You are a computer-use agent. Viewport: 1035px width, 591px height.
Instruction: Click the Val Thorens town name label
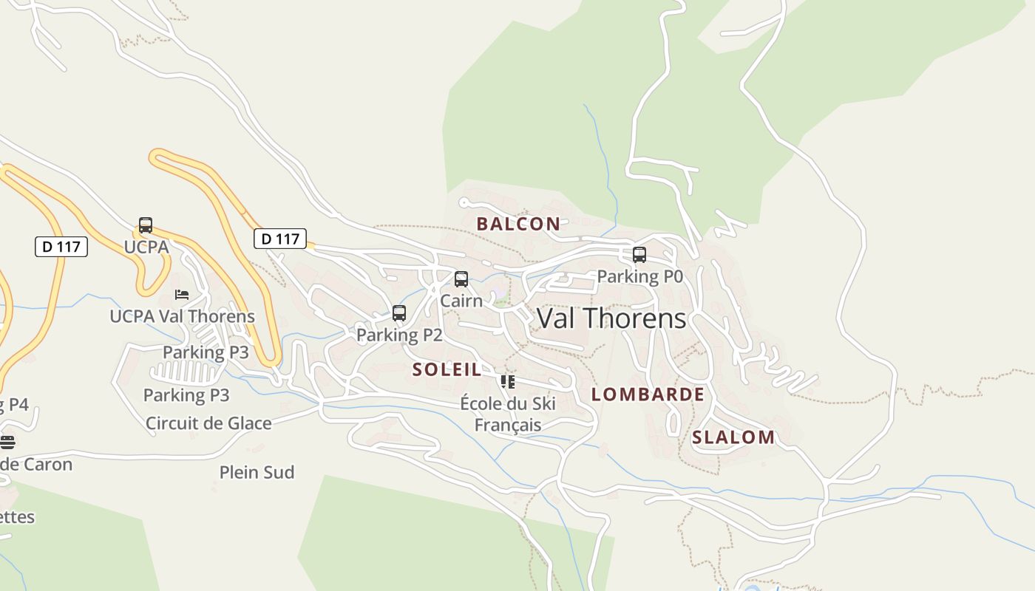611,318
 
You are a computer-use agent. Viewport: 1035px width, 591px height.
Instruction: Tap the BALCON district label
518,224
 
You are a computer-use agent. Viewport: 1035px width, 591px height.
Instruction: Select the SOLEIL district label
447,369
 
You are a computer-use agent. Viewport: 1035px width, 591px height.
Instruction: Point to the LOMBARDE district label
648,394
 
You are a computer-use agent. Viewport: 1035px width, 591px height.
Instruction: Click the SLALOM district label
733,437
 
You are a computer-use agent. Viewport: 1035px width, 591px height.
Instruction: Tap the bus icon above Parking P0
639,255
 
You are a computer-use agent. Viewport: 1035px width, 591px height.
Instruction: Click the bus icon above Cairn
461,279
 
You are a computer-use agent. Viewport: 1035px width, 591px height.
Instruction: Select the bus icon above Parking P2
399,313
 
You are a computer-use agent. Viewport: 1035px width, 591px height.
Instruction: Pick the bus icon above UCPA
146,225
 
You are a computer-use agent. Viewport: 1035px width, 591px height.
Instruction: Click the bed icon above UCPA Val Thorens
182,295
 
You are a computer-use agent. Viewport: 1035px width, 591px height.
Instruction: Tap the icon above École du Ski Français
507,382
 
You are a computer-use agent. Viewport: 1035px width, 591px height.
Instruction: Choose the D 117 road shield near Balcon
280,239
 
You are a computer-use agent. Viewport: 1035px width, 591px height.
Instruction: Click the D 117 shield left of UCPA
61,246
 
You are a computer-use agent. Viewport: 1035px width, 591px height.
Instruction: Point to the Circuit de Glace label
208,423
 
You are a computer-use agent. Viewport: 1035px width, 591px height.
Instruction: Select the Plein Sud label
257,472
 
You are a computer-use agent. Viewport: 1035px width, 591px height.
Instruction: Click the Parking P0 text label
639,276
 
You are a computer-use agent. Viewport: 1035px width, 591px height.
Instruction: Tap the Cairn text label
461,301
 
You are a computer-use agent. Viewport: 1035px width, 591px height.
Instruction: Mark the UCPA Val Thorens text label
182,316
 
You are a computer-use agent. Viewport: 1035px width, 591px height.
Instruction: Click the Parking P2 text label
399,335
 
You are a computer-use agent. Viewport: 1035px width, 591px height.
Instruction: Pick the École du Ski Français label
508,414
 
